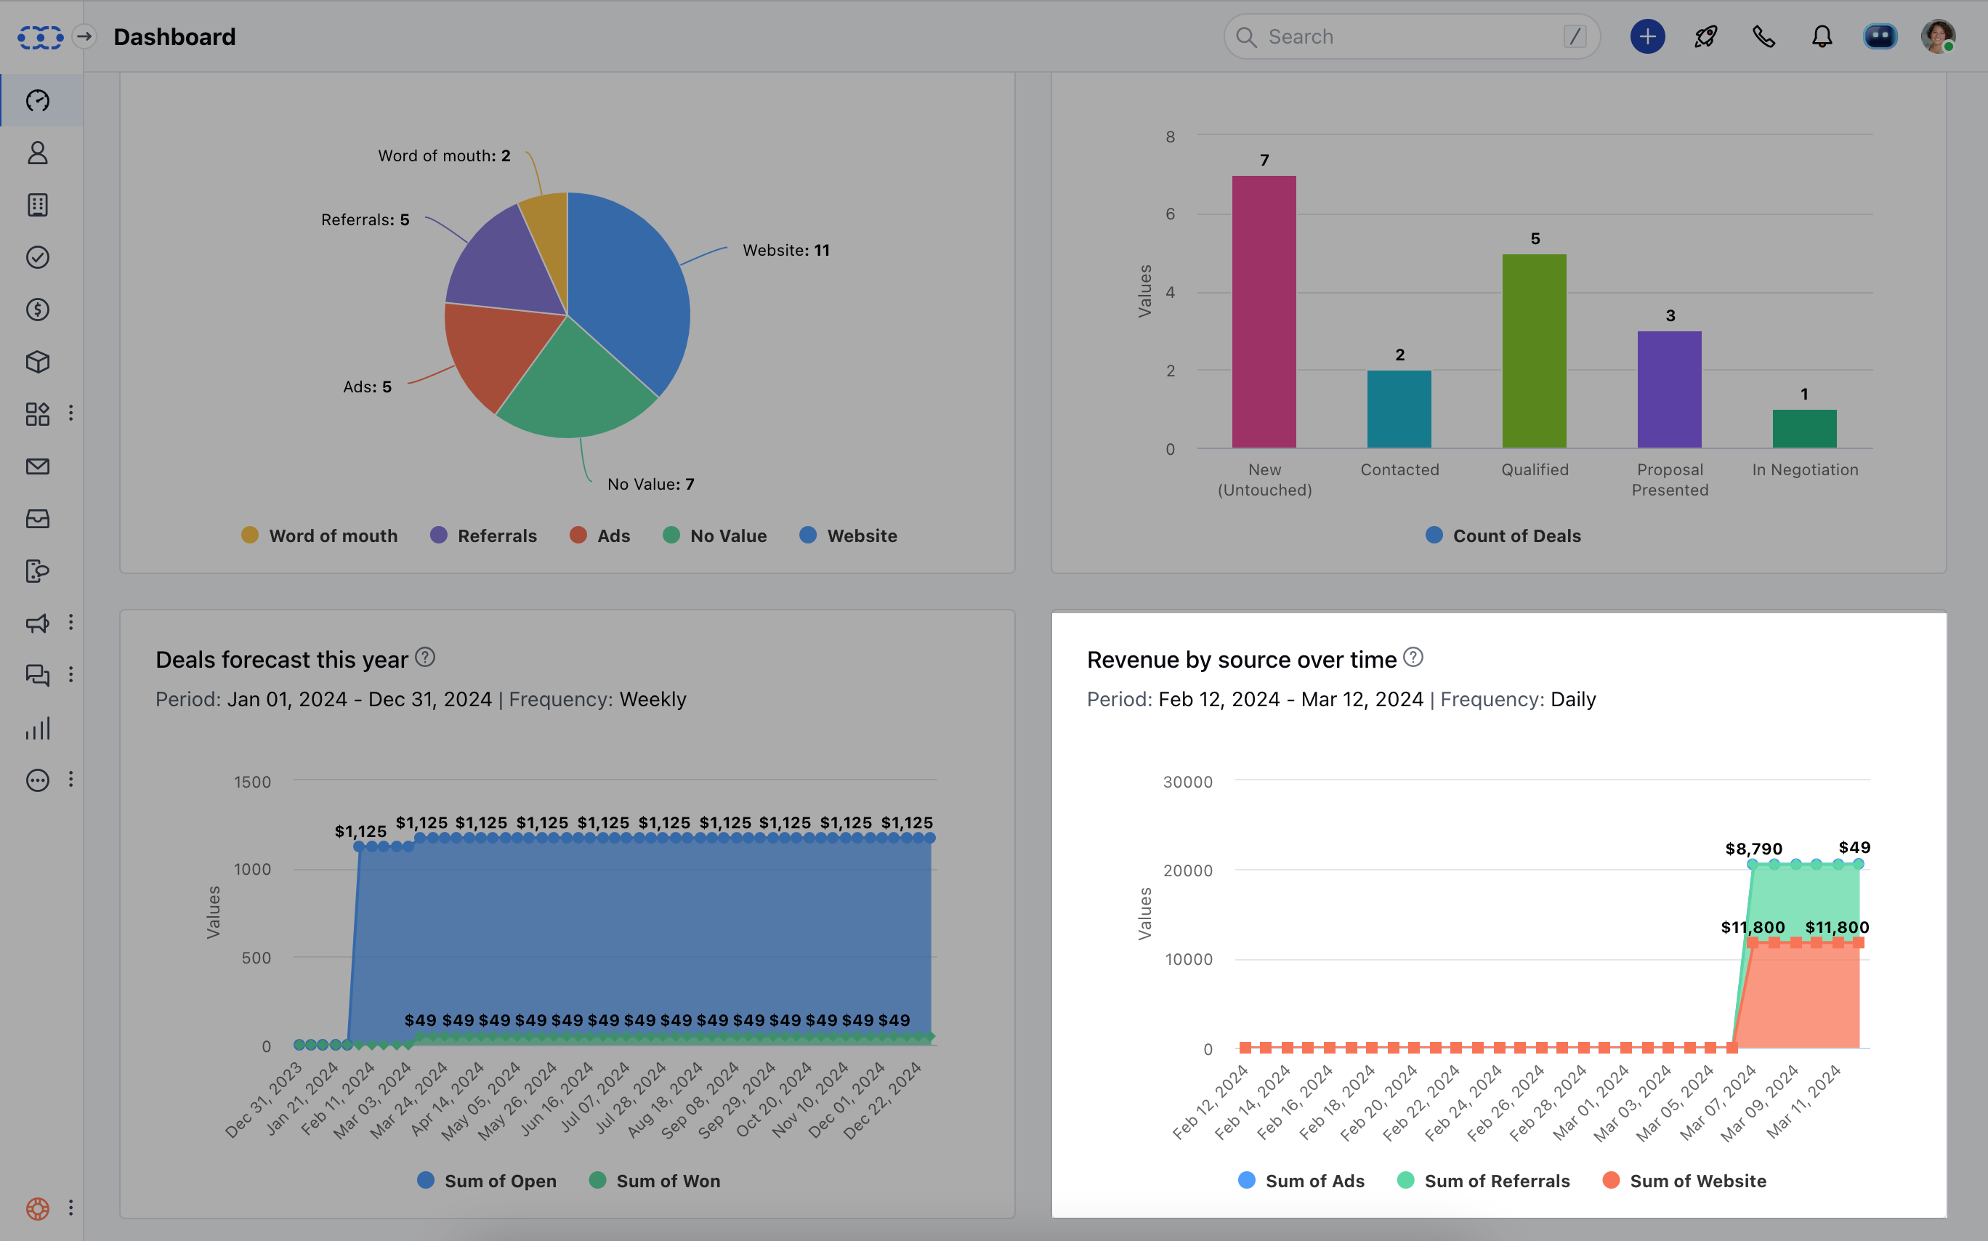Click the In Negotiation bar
pos(1804,429)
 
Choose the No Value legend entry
pos(714,535)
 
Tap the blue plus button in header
pos(1646,37)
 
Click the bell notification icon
pos(1822,37)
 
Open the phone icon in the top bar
pos(1763,37)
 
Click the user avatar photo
pos(1938,37)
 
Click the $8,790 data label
pos(1753,849)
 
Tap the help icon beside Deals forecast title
pos(424,658)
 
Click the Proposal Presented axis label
pos(1670,480)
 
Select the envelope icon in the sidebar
pos(38,466)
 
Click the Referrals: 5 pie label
pos(365,220)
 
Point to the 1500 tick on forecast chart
pos(252,781)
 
